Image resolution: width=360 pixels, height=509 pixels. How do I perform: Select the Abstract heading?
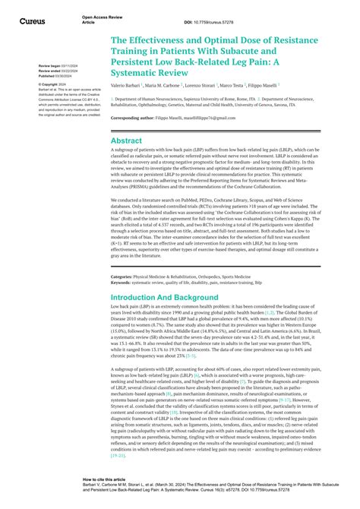click(126, 141)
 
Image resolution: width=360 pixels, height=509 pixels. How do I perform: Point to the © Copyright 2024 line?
click(53, 84)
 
